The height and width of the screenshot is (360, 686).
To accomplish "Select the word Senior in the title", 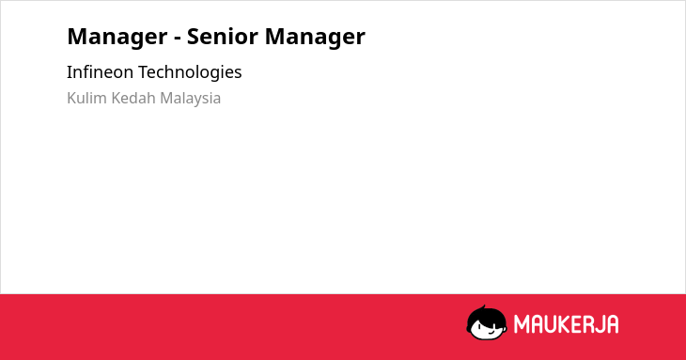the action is pyautogui.click(x=223, y=36).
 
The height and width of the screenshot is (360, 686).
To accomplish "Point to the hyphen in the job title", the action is pyautogui.click(x=178, y=38).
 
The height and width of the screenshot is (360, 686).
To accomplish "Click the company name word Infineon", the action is pyautogui.click(x=100, y=71).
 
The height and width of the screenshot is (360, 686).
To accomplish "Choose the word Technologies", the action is pyautogui.click(x=190, y=72).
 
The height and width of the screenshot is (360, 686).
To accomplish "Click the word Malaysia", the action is pyautogui.click(x=190, y=99).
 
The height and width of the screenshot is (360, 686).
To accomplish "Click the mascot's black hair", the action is pyautogui.click(x=486, y=316).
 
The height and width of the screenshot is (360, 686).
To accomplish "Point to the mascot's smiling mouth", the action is pyautogui.click(x=491, y=333).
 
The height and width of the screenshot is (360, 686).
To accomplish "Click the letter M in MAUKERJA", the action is pyautogui.click(x=522, y=324).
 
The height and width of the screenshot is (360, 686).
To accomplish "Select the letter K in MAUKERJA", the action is pyautogui.click(x=565, y=324).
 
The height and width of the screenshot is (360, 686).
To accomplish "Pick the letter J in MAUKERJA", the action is pyautogui.click(x=600, y=324).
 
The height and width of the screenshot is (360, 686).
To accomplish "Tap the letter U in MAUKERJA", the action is pyautogui.click(x=551, y=324).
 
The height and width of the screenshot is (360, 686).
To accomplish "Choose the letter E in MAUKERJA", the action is pyautogui.click(x=577, y=324).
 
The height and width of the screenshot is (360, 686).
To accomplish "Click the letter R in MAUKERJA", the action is pyautogui.click(x=588, y=324).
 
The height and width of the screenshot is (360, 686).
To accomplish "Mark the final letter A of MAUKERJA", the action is pyautogui.click(x=612, y=324).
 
